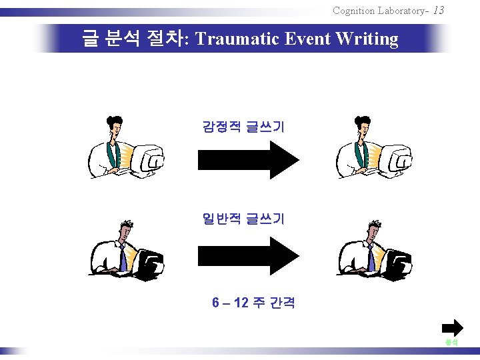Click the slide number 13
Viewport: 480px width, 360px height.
coord(438,10)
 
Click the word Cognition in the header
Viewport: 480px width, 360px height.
coord(353,11)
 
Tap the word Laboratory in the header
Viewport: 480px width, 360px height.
coord(402,11)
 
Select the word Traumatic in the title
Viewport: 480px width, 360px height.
coord(238,39)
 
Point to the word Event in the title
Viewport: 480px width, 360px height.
coord(308,39)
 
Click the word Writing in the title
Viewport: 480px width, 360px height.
coord(367,39)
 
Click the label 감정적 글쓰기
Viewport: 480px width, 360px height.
coord(243,126)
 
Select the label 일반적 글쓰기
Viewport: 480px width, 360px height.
coord(243,219)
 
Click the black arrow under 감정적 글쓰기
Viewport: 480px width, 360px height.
coord(247,159)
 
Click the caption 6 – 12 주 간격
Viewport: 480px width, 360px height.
coord(253,303)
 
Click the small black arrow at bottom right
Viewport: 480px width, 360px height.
coord(452,327)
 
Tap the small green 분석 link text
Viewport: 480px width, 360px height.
coord(451,342)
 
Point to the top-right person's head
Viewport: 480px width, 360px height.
coord(363,124)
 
